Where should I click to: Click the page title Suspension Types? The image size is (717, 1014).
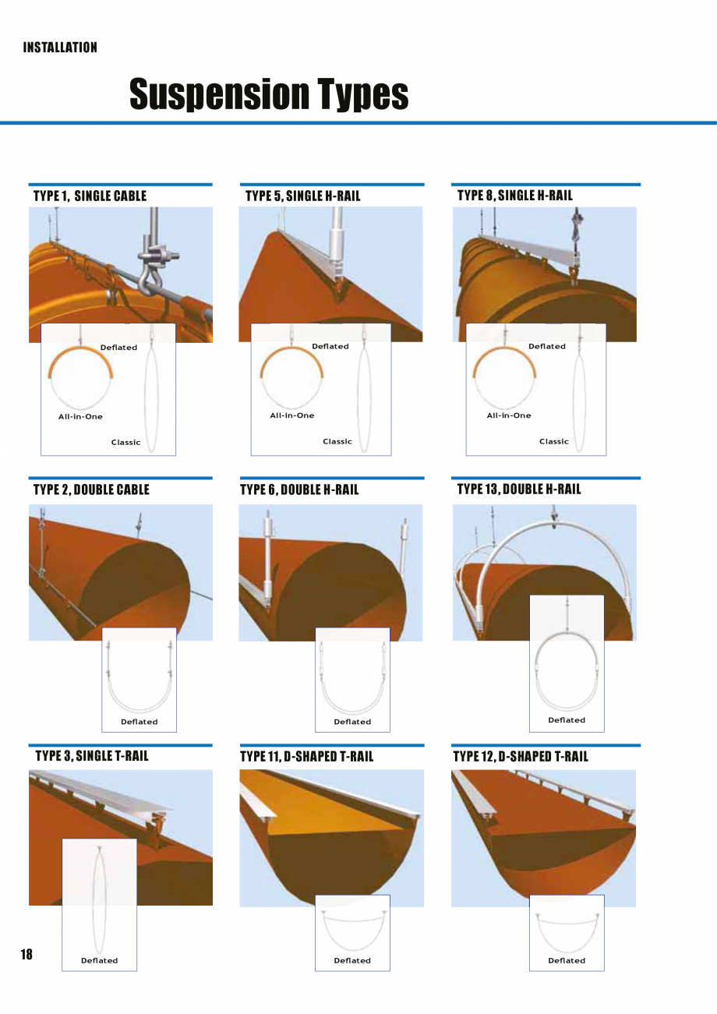pyautogui.click(x=269, y=94)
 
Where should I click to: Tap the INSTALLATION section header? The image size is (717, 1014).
pyautogui.click(x=60, y=48)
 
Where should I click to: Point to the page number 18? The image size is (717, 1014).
pyautogui.click(x=26, y=955)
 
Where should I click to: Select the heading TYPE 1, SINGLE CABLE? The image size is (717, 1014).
pyautogui.click(x=90, y=196)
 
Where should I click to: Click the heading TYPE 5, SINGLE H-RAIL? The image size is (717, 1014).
pyautogui.click(x=302, y=196)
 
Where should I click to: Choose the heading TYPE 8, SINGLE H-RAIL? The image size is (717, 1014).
pyautogui.click(x=514, y=195)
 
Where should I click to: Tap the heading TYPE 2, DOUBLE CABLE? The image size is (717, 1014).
pyautogui.click(x=91, y=489)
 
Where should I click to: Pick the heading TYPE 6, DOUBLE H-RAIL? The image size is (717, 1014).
pyautogui.click(x=299, y=489)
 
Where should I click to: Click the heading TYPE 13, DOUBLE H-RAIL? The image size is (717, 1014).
pyautogui.click(x=518, y=489)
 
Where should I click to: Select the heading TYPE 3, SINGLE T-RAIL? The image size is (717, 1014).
pyautogui.click(x=92, y=755)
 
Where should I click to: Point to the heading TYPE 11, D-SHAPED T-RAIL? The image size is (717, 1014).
pyautogui.click(x=306, y=756)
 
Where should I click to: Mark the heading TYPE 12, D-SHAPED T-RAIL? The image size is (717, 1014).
pyautogui.click(x=521, y=756)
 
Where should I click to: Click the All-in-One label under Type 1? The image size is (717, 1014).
pyautogui.click(x=80, y=416)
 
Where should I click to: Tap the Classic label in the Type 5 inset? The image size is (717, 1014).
pyautogui.click(x=337, y=441)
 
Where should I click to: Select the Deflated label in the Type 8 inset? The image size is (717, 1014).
pyautogui.click(x=547, y=346)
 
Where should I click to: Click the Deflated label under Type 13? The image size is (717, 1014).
pyautogui.click(x=567, y=720)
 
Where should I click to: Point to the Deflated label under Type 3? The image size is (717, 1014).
pyautogui.click(x=100, y=960)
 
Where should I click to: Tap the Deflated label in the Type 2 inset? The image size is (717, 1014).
pyautogui.click(x=140, y=722)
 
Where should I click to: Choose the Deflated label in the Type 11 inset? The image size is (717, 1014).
pyautogui.click(x=352, y=960)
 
